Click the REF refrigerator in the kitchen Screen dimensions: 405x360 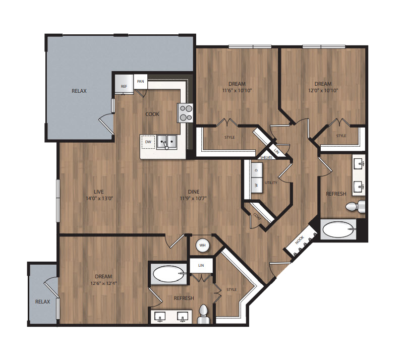coord(124,84)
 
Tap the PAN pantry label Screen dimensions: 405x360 coord(141,81)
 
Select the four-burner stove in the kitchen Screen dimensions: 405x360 coord(185,113)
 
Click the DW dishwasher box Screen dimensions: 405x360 coord(148,142)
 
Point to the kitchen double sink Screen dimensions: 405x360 coord(166,142)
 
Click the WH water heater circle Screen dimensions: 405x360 coord(203,245)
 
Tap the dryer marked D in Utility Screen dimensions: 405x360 coord(257,170)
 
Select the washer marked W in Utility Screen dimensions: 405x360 coord(257,185)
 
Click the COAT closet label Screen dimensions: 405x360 coord(257,217)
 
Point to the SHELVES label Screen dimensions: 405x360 coord(266,157)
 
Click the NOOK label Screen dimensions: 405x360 coord(300,240)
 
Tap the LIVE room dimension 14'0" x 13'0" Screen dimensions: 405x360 coord(99,198)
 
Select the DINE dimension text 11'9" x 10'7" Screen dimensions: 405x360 coord(194,198)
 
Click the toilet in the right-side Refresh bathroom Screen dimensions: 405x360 coord(356,206)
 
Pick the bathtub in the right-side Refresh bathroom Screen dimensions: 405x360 coord(338,229)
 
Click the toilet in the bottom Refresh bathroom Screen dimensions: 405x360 coord(204,314)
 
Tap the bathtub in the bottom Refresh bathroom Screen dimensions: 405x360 coord(169,274)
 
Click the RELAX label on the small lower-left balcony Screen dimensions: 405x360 coord(42,302)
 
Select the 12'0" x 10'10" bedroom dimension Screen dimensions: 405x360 coord(323,91)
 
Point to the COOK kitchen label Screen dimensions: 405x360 coord(152,114)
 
